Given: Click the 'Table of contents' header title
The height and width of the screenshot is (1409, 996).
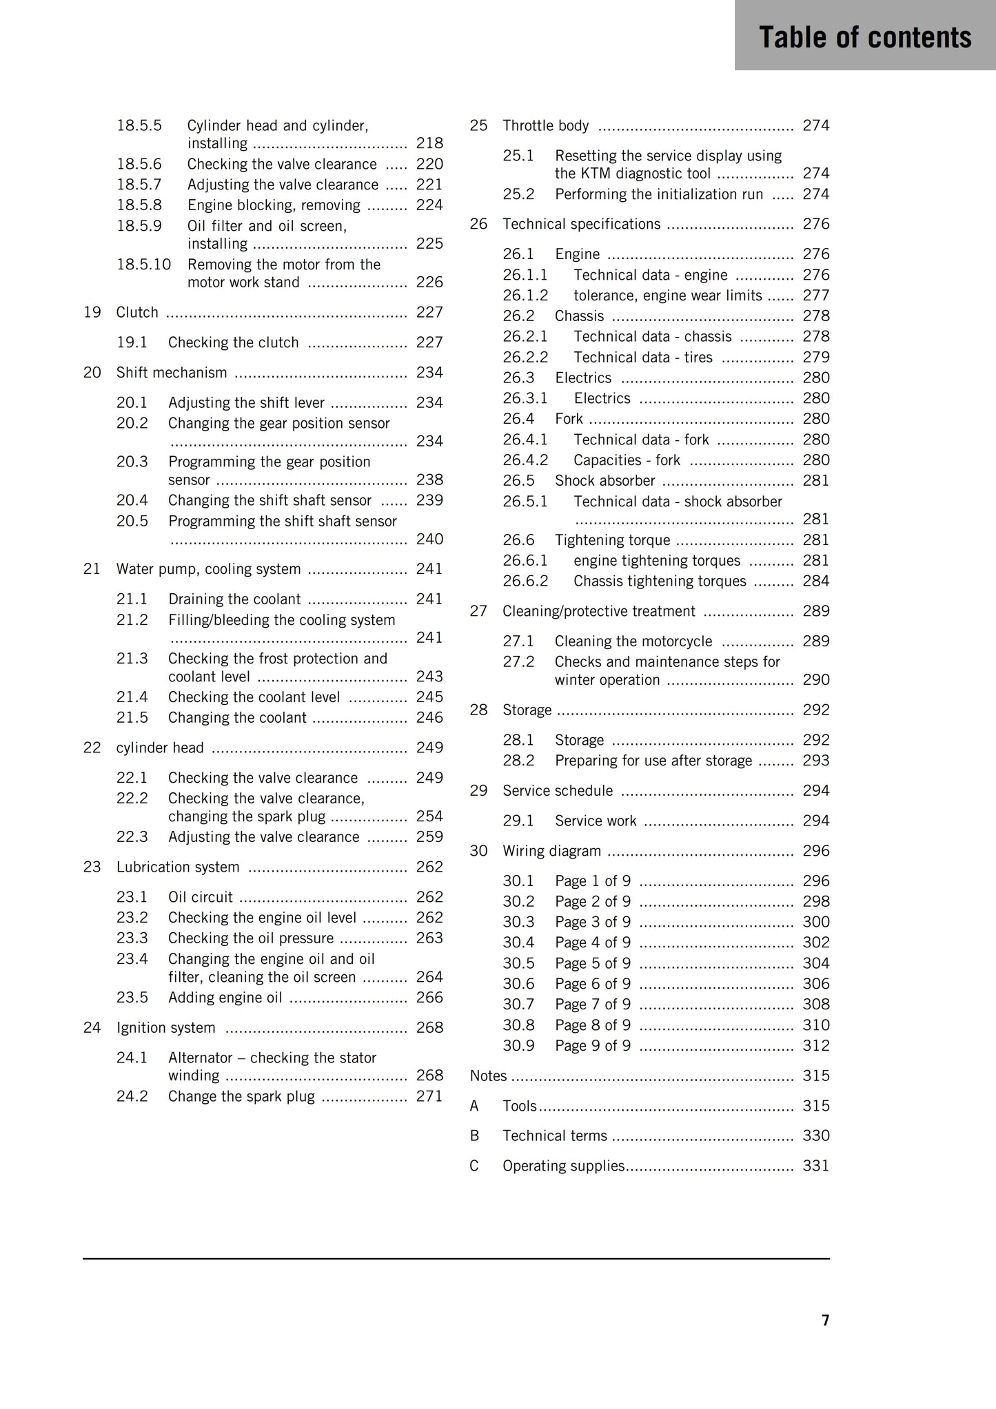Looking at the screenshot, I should tap(865, 37).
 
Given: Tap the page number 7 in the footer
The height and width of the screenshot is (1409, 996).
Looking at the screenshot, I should tap(825, 1319).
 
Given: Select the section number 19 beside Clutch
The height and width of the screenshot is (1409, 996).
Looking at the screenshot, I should tap(92, 312).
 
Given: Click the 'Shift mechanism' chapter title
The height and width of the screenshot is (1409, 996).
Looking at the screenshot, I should tap(172, 373).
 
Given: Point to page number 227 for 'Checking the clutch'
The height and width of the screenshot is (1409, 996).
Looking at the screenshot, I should tap(429, 342).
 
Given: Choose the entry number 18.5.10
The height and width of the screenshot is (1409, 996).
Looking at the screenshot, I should tap(143, 265).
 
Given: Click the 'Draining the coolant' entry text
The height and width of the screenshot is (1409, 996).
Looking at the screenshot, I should tap(234, 599).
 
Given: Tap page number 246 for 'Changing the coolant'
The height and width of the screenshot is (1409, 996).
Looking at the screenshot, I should tap(429, 718).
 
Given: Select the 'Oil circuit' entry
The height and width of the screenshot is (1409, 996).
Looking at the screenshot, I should tap(201, 897).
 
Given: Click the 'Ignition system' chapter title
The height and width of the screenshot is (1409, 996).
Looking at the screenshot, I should tap(166, 1028).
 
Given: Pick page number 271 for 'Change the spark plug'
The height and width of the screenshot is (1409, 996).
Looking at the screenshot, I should tap(429, 1096).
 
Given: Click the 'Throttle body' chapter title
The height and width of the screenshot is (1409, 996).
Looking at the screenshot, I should tap(546, 125).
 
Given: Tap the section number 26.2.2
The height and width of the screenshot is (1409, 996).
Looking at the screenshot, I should tap(525, 357).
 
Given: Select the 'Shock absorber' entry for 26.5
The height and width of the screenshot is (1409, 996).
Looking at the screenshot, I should tap(604, 480).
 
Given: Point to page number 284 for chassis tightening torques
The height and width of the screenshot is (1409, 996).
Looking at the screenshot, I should tap(816, 581).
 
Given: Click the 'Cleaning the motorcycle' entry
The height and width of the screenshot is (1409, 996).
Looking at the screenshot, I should tap(633, 641).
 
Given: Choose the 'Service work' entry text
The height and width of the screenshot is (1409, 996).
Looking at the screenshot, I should tap(596, 821).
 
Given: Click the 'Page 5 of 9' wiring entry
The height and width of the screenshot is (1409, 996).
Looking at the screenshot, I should tap(593, 963).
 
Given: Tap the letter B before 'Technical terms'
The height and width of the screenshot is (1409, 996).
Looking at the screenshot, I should tap(474, 1135).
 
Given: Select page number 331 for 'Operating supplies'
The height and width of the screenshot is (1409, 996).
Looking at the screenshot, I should tap(816, 1166).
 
